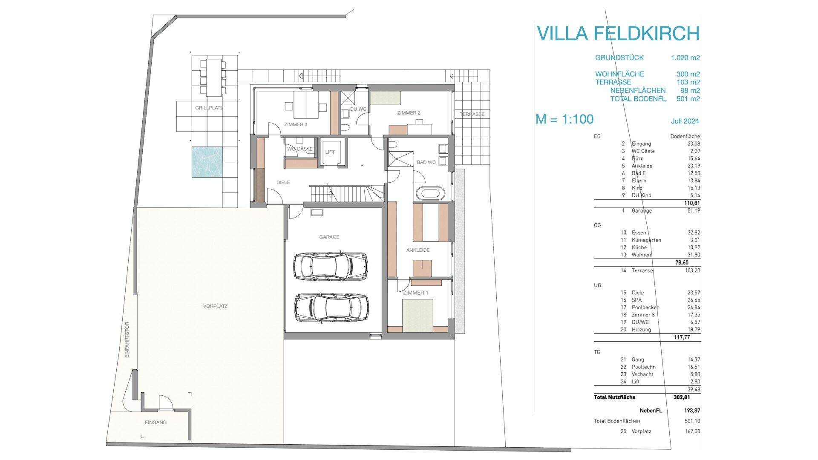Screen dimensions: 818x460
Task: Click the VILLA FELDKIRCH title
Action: point(618,33)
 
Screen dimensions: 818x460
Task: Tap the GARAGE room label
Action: point(329,237)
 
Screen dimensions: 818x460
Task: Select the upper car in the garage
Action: point(331,266)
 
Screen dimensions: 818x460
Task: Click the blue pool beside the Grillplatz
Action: point(207,162)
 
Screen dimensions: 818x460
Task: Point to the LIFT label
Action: point(330,152)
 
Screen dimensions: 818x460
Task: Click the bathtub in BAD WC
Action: point(430,193)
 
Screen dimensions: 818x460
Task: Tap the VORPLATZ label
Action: point(215,306)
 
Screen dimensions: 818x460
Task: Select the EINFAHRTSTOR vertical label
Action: point(127,339)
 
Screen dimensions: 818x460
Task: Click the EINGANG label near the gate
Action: point(156,423)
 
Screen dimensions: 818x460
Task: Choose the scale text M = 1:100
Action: point(564,119)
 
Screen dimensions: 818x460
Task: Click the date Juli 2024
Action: point(685,121)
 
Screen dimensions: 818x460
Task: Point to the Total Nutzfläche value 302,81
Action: point(681,397)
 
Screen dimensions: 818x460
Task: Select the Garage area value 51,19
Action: point(692,210)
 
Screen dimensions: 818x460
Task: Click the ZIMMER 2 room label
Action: point(409,113)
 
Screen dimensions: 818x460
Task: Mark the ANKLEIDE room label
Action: point(418,250)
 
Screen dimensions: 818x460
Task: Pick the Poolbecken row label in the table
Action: point(645,308)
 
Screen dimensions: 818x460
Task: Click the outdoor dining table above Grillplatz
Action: point(214,77)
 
